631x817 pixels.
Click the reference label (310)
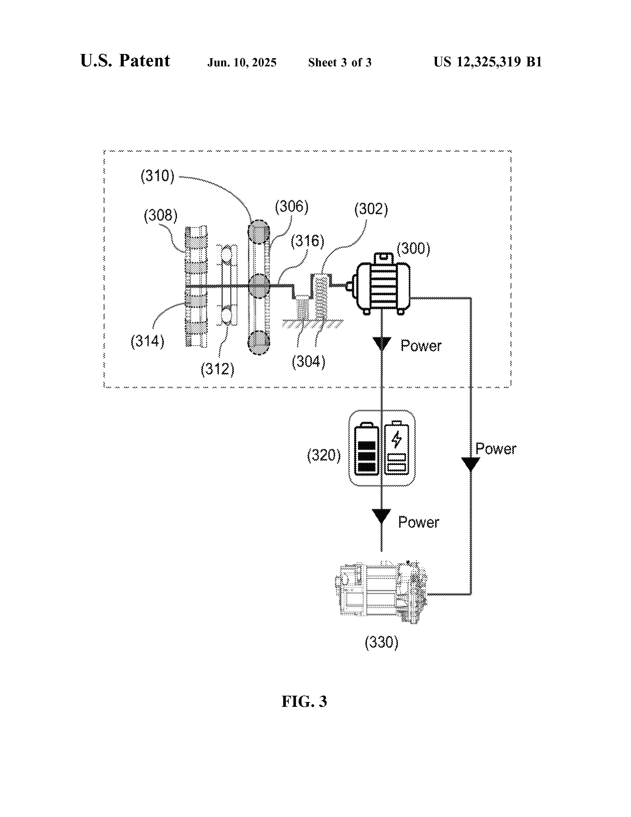157,176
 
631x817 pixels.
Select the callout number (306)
291,207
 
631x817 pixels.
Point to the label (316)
308,241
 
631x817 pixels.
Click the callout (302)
371,209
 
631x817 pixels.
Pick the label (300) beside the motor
413,248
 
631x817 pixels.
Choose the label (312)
218,369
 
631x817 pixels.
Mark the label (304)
308,362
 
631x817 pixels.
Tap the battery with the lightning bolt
397,449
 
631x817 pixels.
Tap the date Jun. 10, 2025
242,62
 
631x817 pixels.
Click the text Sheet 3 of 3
340,62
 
